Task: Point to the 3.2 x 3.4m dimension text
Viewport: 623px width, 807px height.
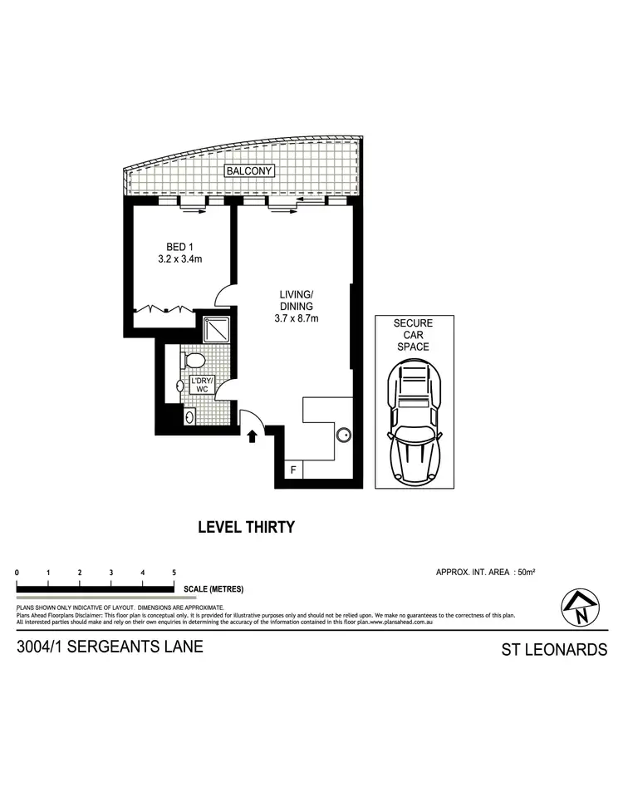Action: tap(180, 259)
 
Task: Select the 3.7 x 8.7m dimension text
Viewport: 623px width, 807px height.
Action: tap(297, 317)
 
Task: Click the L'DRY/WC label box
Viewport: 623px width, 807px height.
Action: tap(203, 385)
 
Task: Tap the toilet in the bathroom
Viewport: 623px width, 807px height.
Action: tap(194, 360)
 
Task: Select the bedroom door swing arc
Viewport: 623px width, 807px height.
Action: tap(224, 295)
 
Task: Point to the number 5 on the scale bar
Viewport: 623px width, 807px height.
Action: tap(174, 573)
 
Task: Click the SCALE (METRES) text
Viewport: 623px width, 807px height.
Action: tap(214, 589)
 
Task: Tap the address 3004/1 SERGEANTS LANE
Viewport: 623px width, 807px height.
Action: tap(109, 647)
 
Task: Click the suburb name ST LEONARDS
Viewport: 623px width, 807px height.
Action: tap(554, 649)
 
